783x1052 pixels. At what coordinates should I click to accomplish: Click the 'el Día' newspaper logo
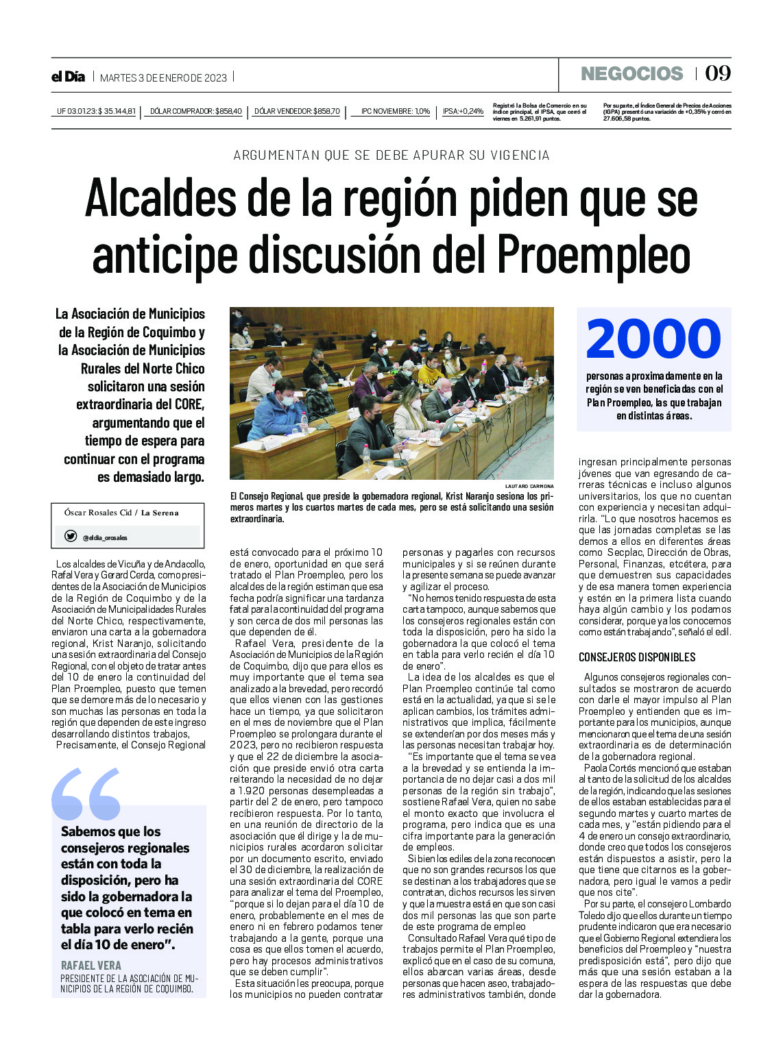68,77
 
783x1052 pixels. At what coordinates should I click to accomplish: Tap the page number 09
718,73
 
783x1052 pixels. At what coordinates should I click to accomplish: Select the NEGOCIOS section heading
631,74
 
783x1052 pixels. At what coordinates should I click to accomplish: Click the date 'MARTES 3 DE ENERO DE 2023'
163,77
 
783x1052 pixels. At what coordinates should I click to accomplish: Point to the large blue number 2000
653,339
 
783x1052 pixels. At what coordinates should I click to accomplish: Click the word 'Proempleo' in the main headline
593,254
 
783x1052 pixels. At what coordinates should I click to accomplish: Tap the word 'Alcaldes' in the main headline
160,197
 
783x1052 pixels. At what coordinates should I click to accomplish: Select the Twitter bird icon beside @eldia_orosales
70,537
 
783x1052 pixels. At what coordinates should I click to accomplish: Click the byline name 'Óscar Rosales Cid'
97,513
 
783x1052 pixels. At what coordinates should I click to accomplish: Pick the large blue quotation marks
86,794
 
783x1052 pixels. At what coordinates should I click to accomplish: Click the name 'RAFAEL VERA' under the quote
91,965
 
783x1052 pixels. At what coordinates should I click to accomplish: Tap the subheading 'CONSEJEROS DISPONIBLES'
637,657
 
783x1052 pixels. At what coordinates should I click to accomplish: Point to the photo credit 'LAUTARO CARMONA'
529,486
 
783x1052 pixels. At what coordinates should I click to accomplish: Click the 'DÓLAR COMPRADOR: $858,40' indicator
195,111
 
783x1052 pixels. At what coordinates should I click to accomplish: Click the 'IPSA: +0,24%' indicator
463,111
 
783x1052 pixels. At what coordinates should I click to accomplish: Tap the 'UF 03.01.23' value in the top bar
96,111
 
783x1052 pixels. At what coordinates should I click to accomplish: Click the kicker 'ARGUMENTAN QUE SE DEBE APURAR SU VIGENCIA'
391,155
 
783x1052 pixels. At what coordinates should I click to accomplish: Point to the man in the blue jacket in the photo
277,411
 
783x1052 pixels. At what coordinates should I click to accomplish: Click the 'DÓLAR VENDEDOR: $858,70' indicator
297,111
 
